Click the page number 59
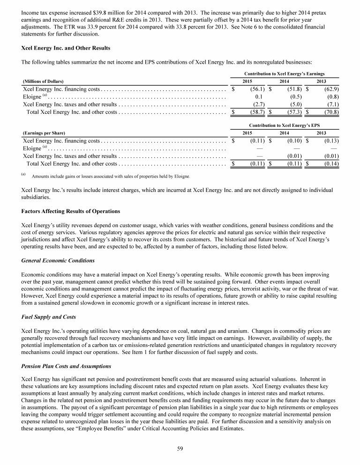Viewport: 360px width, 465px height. pyautogui.click(x=180, y=449)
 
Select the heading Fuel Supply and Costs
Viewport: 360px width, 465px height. pyautogui.click(x=49, y=317)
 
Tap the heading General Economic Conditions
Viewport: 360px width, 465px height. pyautogui.click(x=58, y=260)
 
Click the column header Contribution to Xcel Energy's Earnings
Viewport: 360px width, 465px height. pyautogui.click(x=285, y=74)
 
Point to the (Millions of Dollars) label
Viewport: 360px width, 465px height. pyautogui.click(x=43, y=81)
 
